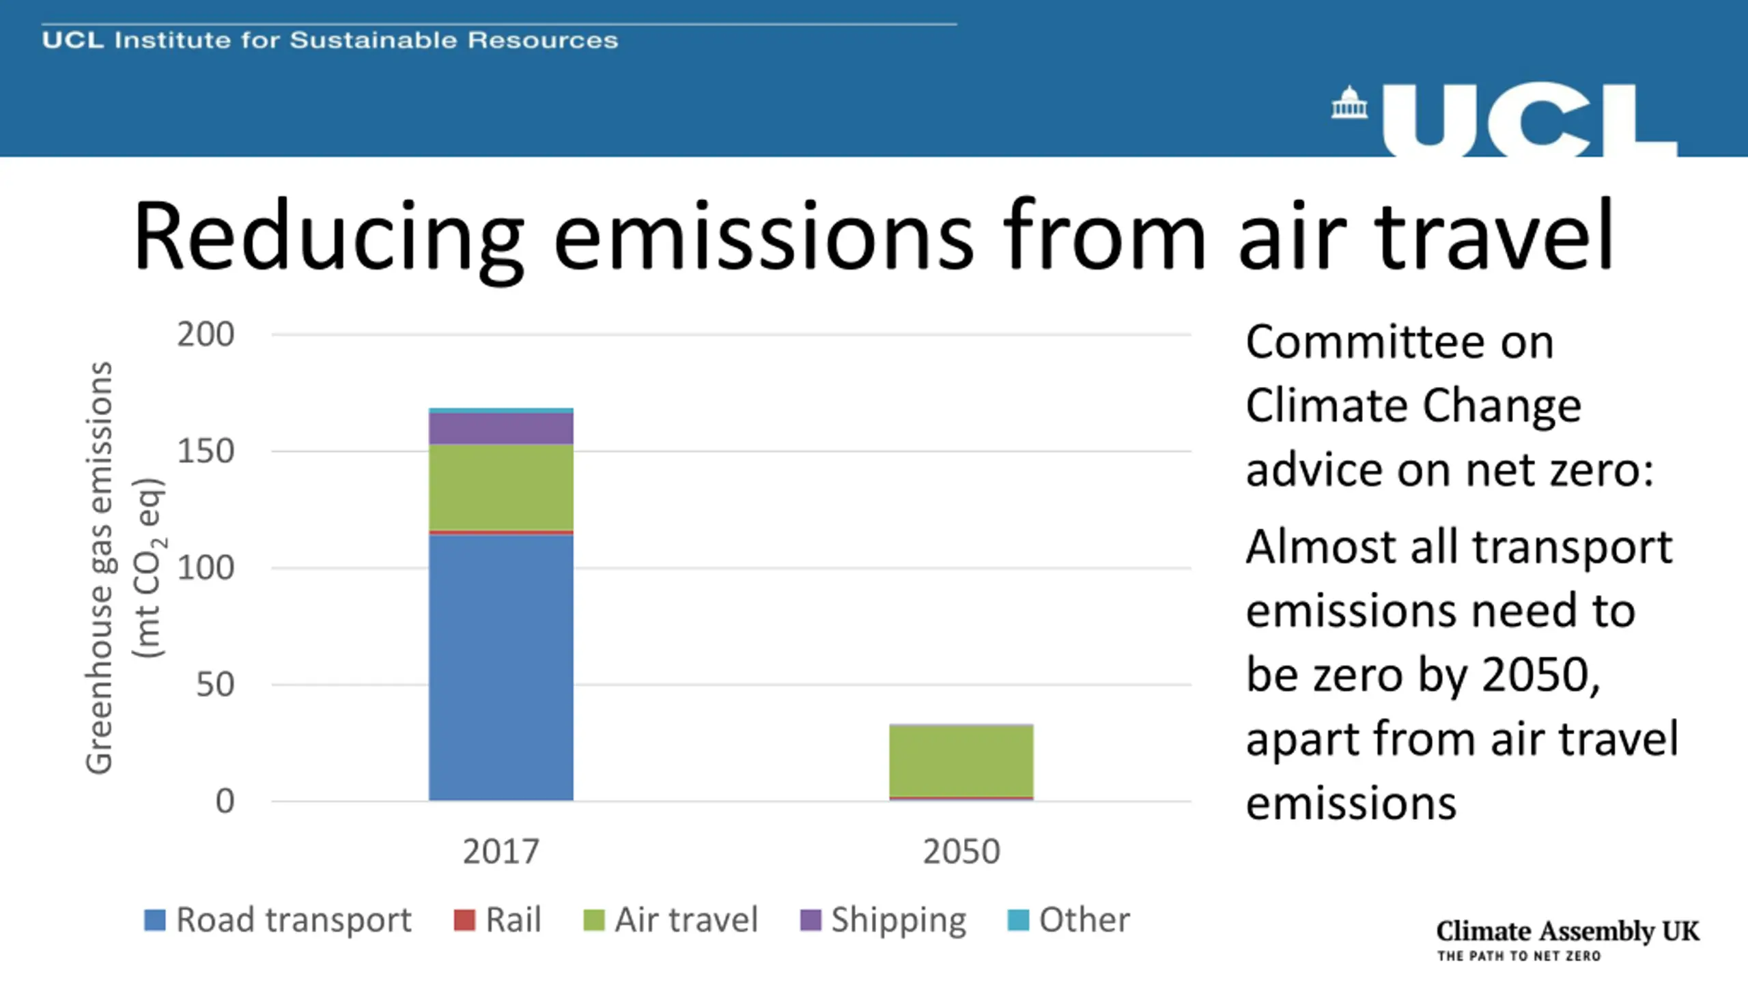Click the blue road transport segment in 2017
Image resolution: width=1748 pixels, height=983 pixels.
pos(501,666)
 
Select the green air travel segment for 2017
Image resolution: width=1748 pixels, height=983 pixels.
pos(501,486)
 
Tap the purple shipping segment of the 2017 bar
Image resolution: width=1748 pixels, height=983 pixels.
pos(501,429)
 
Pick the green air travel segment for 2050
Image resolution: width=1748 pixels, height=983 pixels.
pos(961,760)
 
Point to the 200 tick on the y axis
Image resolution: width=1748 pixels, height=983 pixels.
pos(205,334)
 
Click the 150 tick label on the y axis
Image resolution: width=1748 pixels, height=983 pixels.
pos(205,451)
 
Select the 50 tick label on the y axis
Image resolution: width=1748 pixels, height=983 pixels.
pos(214,684)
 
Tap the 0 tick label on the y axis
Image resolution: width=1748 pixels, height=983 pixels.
pos(225,801)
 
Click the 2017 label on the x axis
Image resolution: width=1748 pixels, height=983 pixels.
pos(501,851)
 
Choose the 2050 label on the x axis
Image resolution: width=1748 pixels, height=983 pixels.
pos(961,851)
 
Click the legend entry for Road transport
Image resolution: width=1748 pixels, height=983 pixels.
pos(277,920)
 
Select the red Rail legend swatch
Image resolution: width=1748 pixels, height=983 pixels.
pos(464,920)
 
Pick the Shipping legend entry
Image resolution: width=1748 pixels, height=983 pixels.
pos(884,920)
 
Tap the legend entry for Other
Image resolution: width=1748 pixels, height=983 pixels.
pos(1069,920)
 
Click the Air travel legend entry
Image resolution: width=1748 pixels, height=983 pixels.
pos(671,920)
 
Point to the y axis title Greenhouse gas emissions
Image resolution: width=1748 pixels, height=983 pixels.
pos(100,567)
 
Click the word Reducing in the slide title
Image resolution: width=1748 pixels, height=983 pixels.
pos(328,236)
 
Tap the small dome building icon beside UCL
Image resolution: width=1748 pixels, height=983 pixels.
pos(1349,102)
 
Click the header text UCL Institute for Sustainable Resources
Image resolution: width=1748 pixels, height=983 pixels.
pos(330,40)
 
